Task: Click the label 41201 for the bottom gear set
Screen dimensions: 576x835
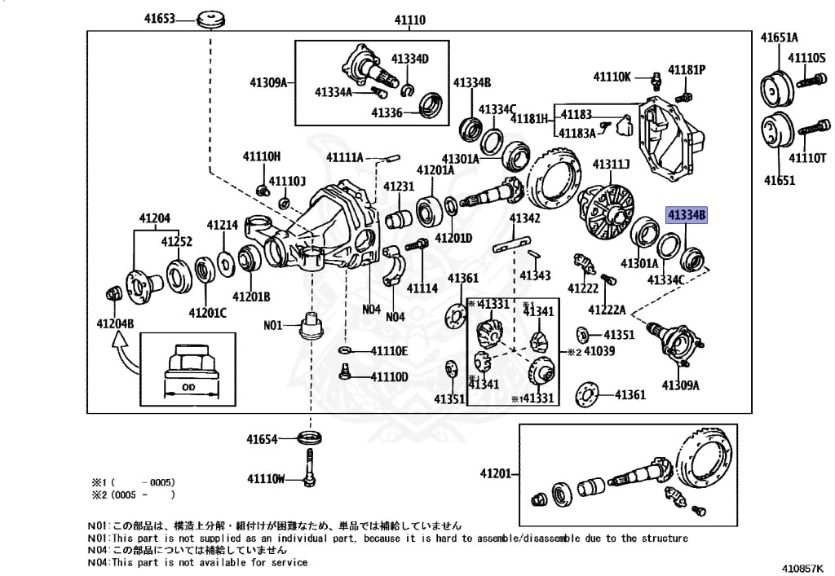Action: point(495,473)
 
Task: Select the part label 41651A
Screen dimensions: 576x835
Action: point(779,37)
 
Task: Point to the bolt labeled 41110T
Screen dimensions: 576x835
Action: point(811,130)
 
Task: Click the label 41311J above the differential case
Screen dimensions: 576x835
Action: point(611,165)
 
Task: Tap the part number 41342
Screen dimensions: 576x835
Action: point(525,218)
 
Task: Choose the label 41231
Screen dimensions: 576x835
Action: point(400,187)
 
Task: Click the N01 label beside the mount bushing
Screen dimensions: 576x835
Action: point(272,325)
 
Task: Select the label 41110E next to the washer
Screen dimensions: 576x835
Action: point(389,350)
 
